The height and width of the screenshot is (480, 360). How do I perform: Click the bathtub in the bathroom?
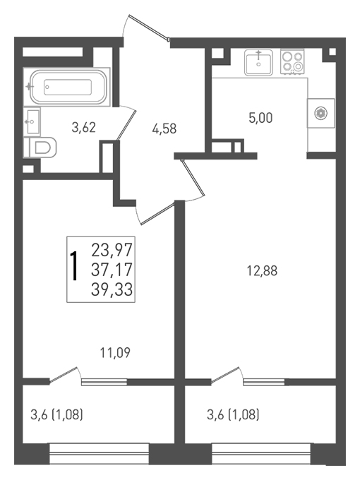click(67, 87)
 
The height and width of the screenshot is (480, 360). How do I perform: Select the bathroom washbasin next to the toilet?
click(32, 121)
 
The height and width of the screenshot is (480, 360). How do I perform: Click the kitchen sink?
click(258, 63)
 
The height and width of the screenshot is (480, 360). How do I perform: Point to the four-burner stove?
click(293, 63)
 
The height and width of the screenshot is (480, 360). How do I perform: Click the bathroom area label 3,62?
click(83, 127)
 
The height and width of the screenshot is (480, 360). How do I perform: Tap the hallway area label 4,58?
click(164, 128)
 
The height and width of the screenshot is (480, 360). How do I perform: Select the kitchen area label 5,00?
click(260, 118)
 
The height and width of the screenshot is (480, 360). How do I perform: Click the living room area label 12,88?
click(262, 270)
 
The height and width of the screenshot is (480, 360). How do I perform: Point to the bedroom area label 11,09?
click(115, 353)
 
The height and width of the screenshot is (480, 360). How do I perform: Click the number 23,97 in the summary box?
click(112, 249)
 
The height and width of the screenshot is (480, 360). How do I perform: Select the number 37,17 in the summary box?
click(112, 270)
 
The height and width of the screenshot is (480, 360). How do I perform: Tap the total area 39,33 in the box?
click(112, 289)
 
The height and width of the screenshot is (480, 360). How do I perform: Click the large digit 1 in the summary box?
click(74, 266)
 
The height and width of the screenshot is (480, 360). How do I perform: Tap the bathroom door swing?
click(126, 123)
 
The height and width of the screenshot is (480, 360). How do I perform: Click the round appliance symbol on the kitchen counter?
click(320, 113)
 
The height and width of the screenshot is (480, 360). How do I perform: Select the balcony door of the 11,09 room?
click(65, 374)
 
